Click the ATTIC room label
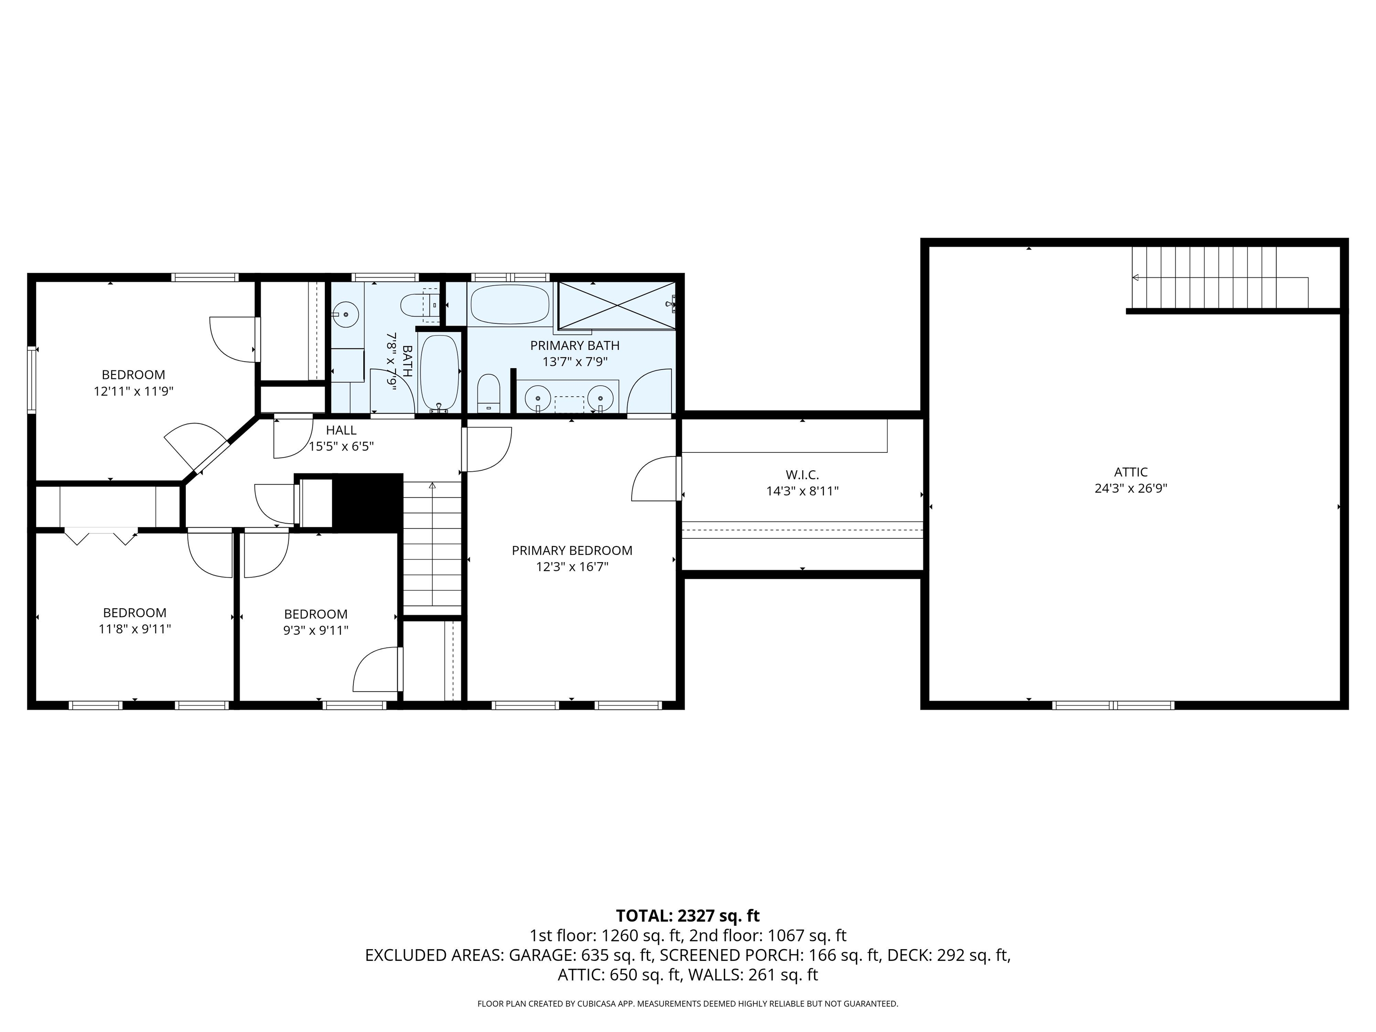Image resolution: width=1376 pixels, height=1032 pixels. coord(1130,472)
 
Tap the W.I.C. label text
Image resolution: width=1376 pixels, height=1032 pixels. coord(802,475)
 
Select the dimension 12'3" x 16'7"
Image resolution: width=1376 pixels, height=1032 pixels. coord(572,567)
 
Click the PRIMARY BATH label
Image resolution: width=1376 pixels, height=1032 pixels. coord(574,345)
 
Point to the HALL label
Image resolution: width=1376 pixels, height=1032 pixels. coord(341,430)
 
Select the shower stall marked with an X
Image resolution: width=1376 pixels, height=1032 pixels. coord(616,305)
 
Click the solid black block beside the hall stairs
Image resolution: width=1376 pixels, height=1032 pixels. coord(368,503)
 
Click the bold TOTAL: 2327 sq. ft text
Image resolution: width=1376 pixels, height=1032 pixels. coord(688,916)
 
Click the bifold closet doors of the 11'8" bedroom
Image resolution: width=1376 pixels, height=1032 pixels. coord(101,536)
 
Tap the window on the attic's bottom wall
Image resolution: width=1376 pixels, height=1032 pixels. coord(1113,705)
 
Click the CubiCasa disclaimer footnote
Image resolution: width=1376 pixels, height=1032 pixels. coord(688,1003)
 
